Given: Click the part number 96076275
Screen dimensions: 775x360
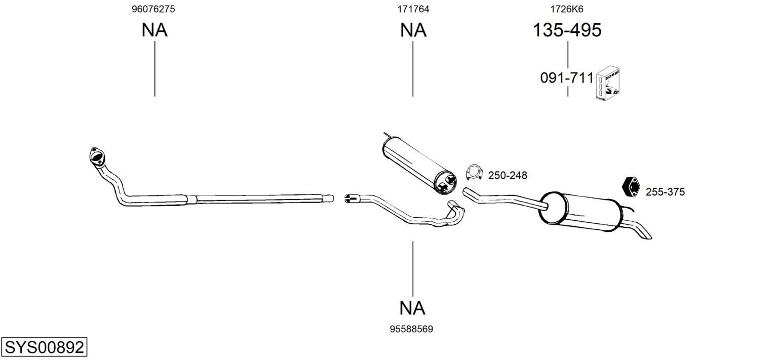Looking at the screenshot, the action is (x=153, y=9).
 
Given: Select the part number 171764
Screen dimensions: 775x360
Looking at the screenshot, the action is (x=413, y=9).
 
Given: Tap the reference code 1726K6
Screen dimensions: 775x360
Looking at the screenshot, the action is (x=567, y=9).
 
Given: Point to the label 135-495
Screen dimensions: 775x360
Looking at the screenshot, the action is (x=567, y=30).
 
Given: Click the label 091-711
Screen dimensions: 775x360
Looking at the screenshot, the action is (x=567, y=78).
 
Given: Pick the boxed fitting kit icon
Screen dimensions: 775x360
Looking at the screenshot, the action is (x=607, y=84).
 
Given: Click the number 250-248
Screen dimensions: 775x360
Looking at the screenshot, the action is (x=508, y=175).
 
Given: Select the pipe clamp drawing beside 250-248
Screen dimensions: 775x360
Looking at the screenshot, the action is (x=474, y=172).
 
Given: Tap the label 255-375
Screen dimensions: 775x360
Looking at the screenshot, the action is (x=665, y=192).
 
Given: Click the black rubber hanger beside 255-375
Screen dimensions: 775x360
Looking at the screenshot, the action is (x=631, y=187).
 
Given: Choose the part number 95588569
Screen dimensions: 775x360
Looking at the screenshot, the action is (x=411, y=329).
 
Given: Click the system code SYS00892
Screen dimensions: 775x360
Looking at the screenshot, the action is (x=44, y=347).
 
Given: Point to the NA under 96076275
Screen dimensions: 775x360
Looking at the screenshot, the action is (x=154, y=30).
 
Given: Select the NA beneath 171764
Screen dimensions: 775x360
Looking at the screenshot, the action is (x=413, y=30).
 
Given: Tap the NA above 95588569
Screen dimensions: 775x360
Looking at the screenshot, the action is (x=412, y=308).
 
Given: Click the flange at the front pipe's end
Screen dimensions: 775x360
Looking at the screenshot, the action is (x=97, y=157).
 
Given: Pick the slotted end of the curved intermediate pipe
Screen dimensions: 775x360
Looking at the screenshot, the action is (x=352, y=198).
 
